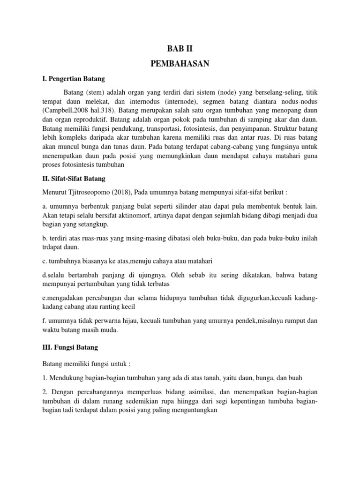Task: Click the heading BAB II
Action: [180, 48]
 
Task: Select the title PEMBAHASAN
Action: [180, 64]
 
